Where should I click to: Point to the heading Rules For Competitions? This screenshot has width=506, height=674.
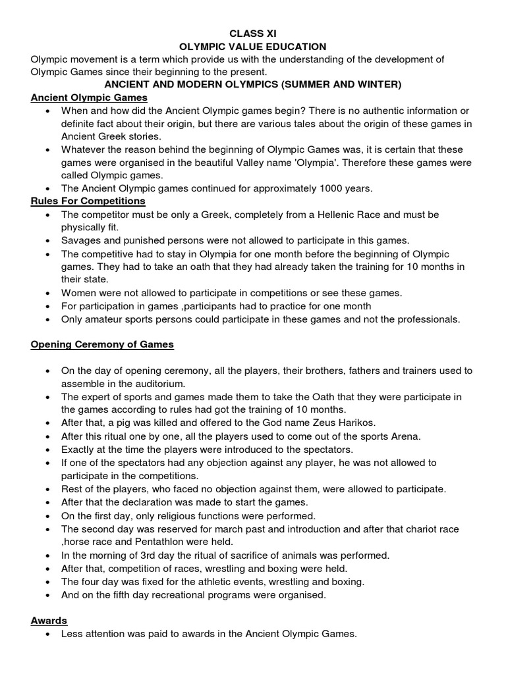tap(88, 201)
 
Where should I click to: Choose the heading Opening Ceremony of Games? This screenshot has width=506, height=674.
tap(102, 344)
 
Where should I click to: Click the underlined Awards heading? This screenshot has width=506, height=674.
tap(49, 621)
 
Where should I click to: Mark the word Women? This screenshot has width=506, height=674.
tap(78, 292)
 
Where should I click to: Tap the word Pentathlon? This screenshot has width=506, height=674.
tap(168, 542)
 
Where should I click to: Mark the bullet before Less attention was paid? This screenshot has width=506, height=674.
tap(48, 635)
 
